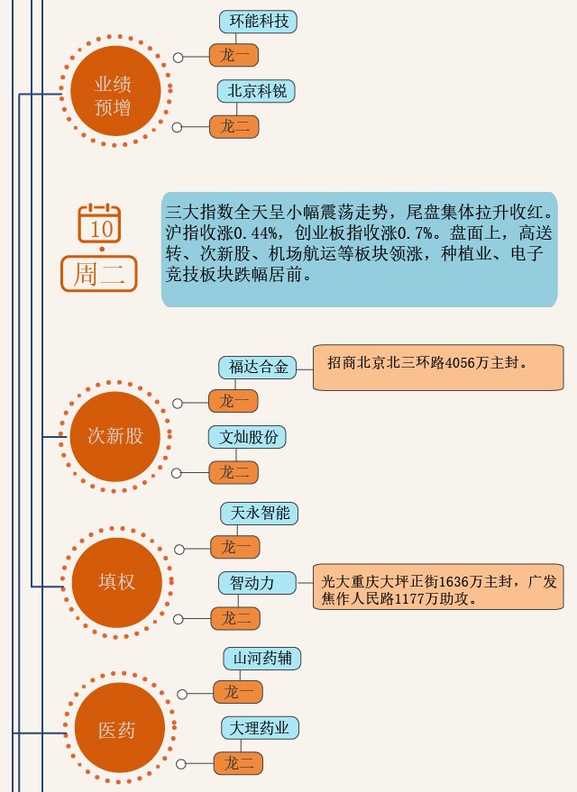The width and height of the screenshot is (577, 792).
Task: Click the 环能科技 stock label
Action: (259, 22)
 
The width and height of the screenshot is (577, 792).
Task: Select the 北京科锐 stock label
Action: (256, 92)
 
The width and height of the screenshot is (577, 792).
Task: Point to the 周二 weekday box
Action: (99, 274)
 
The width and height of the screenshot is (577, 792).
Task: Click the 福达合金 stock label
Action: (258, 367)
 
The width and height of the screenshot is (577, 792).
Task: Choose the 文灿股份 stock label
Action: (248, 438)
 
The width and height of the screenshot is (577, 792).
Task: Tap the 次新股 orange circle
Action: (115, 436)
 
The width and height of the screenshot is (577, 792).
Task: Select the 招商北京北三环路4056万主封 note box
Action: (438, 367)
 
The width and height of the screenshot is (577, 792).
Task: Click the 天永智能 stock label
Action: (260, 514)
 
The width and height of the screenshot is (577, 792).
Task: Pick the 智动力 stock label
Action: (257, 583)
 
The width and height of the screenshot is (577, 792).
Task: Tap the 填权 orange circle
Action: (116, 581)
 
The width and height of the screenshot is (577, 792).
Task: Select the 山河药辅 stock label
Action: (262, 659)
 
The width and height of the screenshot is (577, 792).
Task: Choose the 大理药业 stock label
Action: (261, 728)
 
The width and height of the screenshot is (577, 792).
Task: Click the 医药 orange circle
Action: (116, 730)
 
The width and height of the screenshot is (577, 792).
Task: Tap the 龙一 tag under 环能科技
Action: (234, 56)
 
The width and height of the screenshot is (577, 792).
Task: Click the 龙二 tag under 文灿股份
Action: (234, 471)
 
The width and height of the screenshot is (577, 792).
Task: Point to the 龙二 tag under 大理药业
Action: (238, 763)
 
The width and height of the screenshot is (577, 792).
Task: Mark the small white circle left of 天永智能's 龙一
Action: (179, 549)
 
